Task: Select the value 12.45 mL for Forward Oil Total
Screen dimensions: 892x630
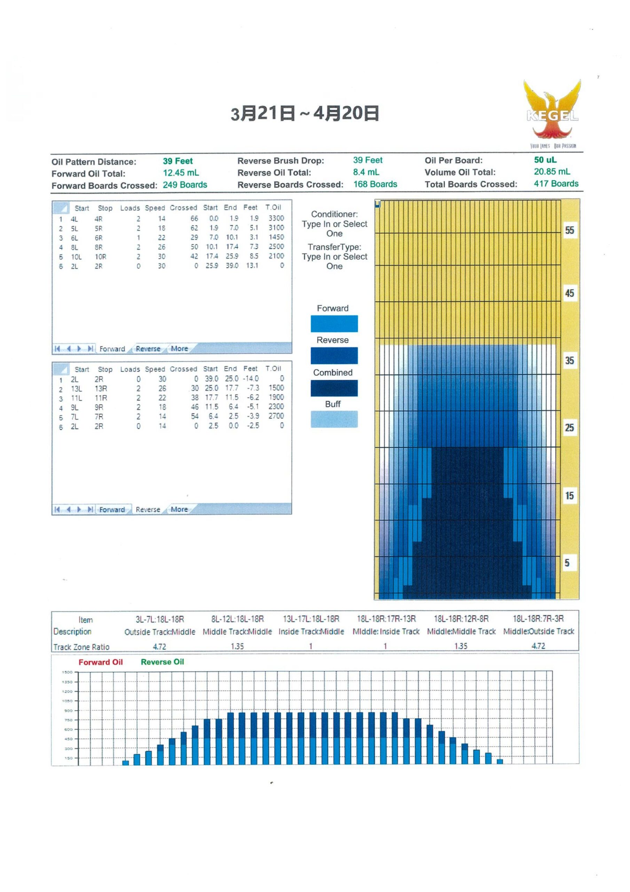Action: (x=181, y=173)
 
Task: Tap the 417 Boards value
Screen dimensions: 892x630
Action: (x=556, y=184)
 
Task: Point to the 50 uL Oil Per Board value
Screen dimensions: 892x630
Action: (x=545, y=160)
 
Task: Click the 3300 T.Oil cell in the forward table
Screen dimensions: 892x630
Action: (x=276, y=218)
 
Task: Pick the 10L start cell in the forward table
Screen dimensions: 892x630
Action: (x=76, y=257)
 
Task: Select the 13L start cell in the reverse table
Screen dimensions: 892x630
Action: (x=76, y=389)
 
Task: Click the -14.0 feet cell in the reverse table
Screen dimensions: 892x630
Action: (x=251, y=378)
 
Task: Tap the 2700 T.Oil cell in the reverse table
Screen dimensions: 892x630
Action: (x=276, y=416)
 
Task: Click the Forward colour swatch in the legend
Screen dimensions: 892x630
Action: (x=334, y=324)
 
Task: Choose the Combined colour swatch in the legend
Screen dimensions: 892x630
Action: (x=334, y=388)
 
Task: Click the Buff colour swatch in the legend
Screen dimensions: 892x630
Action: (x=334, y=420)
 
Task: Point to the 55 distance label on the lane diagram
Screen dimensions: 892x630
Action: (x=569, y=230)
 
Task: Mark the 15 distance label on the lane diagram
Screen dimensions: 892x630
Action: (x=569, y=496)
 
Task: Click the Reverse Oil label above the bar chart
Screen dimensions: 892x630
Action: (x=162, y=662)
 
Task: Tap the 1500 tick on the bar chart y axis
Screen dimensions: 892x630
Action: (x=67, y=672)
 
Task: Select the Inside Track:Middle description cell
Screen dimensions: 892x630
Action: (x=311, y=632)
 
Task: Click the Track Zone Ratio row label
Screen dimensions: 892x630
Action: (x=81, y=647)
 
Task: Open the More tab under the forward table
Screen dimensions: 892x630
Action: (x=179, y=349)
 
